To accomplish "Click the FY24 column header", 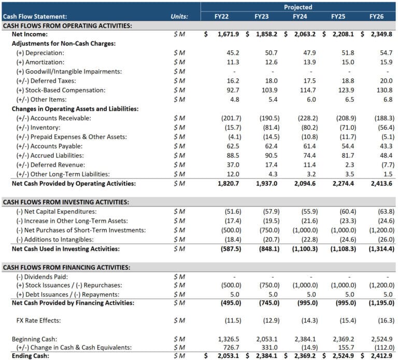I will coord(300,16).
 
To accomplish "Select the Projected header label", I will coord(298,7).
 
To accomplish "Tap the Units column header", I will coord(179,16).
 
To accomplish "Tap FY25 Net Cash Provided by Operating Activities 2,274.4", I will coord(344,184).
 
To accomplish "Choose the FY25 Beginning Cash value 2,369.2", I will coord(344,338).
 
